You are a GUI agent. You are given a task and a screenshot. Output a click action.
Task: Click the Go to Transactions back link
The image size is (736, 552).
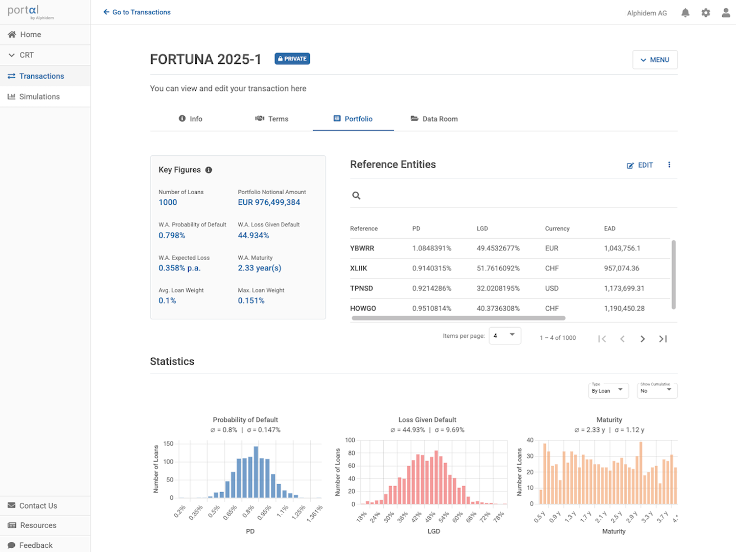[x=137, y=12]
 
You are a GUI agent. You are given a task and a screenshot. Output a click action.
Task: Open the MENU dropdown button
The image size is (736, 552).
[x=655, y=60]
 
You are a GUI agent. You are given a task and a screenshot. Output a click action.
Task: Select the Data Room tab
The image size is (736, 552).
[x=434, y=119]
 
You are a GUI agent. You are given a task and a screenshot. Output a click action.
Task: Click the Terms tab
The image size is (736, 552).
[x=272, y=119]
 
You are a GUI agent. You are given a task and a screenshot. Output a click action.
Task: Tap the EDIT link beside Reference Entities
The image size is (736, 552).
[x=640, y=165]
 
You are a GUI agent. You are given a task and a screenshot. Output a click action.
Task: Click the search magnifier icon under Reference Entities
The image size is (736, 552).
[x=356, y=195]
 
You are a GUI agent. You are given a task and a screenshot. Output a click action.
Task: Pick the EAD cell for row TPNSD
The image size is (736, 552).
[x=624, y=288]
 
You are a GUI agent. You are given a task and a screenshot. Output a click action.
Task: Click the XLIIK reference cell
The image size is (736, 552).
[x=358, y=268]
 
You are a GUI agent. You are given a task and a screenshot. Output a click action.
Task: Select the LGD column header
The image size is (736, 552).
[x=482, y=228]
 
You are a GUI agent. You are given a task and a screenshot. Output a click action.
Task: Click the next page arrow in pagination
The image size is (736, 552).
[x=642, y=339]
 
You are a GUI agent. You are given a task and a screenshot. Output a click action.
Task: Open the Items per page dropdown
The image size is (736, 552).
[x=504, y=336]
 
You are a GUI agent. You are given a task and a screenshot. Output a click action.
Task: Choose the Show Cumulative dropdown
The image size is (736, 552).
[x=656, y=390]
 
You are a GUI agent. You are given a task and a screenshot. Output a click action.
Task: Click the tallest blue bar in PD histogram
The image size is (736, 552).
[x=256, y=473]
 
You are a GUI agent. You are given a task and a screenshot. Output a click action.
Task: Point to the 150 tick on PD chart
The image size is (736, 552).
[x=168, y=444]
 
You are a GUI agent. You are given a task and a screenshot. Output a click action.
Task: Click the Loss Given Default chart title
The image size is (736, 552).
[x=427, y=420]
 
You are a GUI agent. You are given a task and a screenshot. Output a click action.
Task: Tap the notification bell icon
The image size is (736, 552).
[x=685, y=13]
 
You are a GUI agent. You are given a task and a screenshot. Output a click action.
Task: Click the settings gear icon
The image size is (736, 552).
[x=706, y=13]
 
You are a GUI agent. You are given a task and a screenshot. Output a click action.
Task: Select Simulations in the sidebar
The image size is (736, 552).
[x=39, y=97]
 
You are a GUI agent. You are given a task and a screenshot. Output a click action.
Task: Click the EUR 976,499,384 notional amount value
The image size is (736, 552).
[x=269, y=202]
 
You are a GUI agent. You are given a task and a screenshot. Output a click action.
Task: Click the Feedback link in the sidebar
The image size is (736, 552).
[x=36, y=545]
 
